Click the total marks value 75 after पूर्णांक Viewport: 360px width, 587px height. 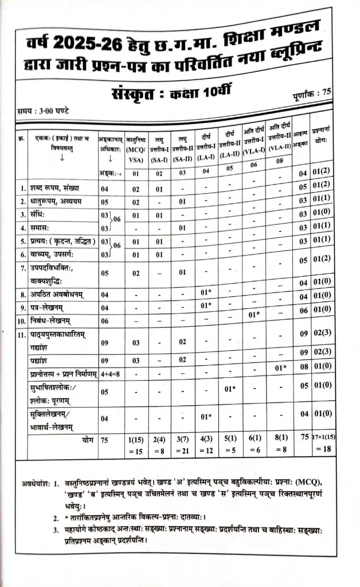pyautogui.click(x=327, y=91)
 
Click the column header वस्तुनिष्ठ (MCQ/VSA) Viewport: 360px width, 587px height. pyautogui.click(x=136, y=145)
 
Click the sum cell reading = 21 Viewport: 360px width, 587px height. pyautogui.click(x=183, y=452)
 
